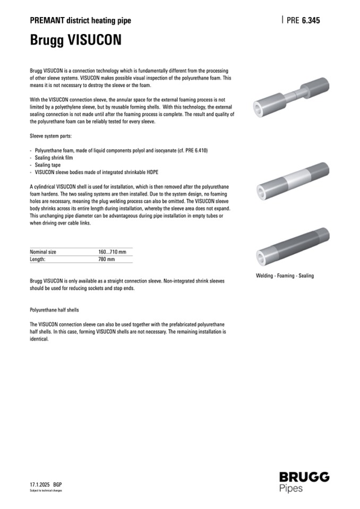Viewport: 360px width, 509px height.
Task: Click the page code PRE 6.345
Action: (303, 21)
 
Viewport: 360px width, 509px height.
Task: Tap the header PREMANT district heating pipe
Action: (80, 21)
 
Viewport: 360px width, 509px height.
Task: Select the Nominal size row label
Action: (43, 252)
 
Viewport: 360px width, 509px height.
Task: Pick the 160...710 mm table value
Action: (112, 252)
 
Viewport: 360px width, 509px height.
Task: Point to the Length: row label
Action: (38, 260)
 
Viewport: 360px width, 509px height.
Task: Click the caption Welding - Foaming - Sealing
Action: (285, 276)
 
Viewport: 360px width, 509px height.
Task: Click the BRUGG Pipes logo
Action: (304, 481)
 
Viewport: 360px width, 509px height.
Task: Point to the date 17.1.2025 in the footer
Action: (40, 485)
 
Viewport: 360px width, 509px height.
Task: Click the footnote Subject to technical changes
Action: (46, 491)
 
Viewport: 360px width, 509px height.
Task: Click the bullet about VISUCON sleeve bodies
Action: (96, 172)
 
